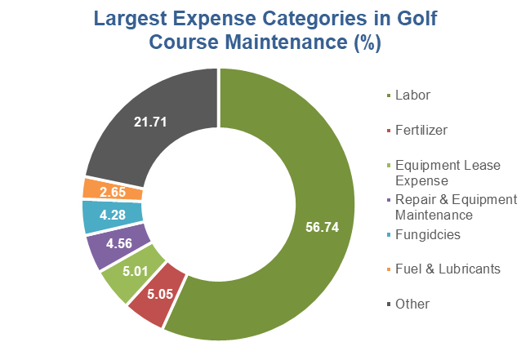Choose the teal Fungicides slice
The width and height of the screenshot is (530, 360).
point(102,216)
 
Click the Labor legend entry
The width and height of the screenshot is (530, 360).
point(412,96)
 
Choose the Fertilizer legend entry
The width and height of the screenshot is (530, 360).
point(419,130)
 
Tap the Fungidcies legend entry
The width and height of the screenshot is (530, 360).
point(424,234)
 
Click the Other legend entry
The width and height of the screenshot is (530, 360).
point(412,304)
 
